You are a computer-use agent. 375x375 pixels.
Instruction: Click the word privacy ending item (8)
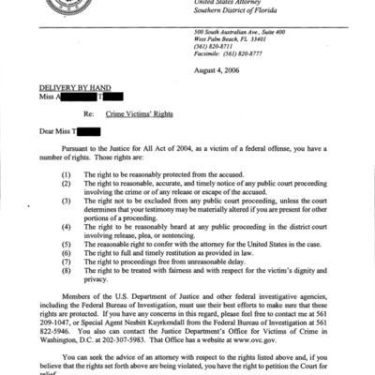click(x=97, y=278)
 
